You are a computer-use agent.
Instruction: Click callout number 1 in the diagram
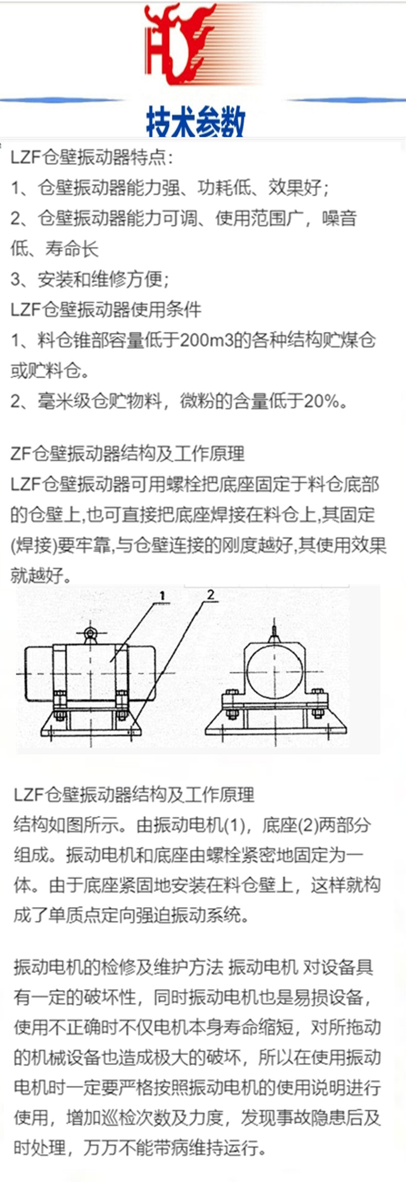click(162, 596)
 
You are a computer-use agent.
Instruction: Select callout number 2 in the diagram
click(210, 595)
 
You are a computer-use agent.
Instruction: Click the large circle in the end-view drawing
click(274, 671)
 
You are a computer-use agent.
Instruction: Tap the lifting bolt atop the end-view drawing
click(275, 632)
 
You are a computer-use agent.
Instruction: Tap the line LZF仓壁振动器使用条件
click(106, 309)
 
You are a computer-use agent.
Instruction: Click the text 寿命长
click(72, 249)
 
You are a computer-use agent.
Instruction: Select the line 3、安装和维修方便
click(89, 279)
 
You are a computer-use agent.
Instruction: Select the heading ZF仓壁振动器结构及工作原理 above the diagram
click(127, 454)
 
